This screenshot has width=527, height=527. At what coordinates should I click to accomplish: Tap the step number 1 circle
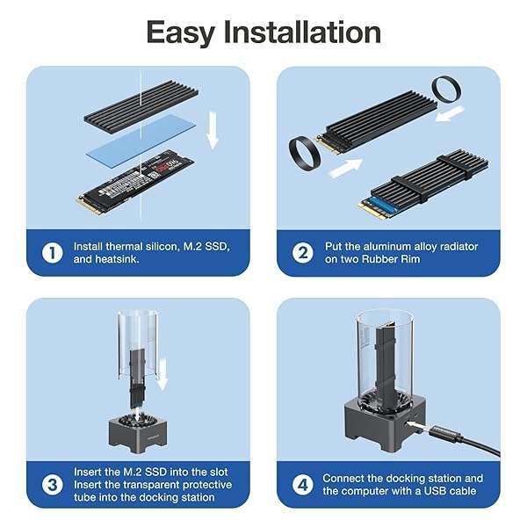pos(53,253)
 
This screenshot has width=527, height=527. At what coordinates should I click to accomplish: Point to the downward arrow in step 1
pos(212,127)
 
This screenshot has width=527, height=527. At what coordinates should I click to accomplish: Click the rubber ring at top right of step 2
pos(449,89)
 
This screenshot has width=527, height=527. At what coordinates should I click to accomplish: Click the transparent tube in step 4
pos(383,351)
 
